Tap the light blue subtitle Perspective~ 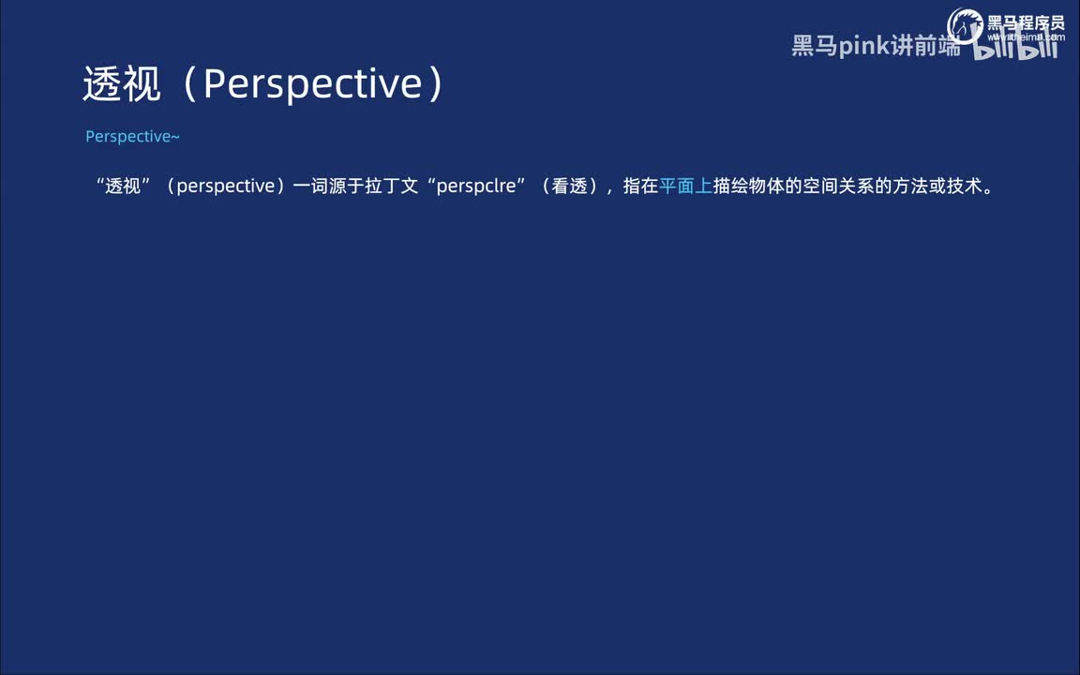click(132, 137)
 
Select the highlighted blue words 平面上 click(685, 186)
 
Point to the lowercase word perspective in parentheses click(225, 186)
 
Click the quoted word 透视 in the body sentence click(123, 186)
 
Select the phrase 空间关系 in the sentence click(839, 186)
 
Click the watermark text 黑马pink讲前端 click(876, 46)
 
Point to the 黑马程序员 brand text click(1026, 22)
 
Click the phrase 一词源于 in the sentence click(328, 186)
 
